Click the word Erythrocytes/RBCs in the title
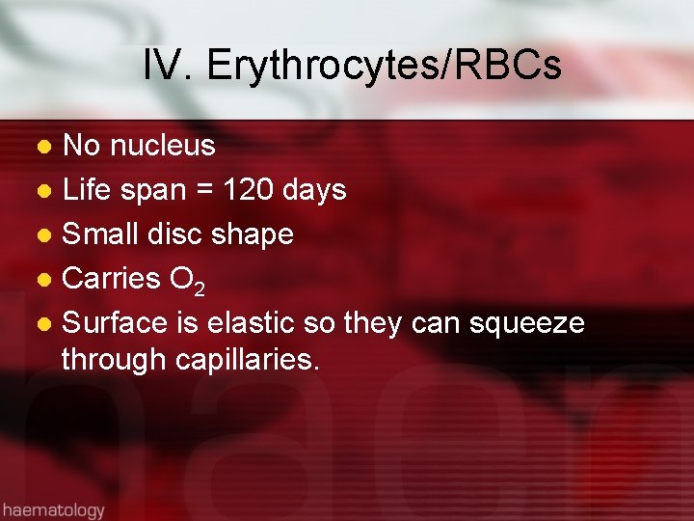(x=384, y=67)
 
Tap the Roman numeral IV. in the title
(x=169, y=67)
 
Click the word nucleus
(x=163, y=146)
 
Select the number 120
(x=249, y=190)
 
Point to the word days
(x=314, y=190)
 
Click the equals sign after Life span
(x=204, y=191)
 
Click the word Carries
(x=111, y=279)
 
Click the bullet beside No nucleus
(x=44, y=147)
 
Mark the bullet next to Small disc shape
(x=44, y=235)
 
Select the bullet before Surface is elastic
(x=44, y=324)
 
